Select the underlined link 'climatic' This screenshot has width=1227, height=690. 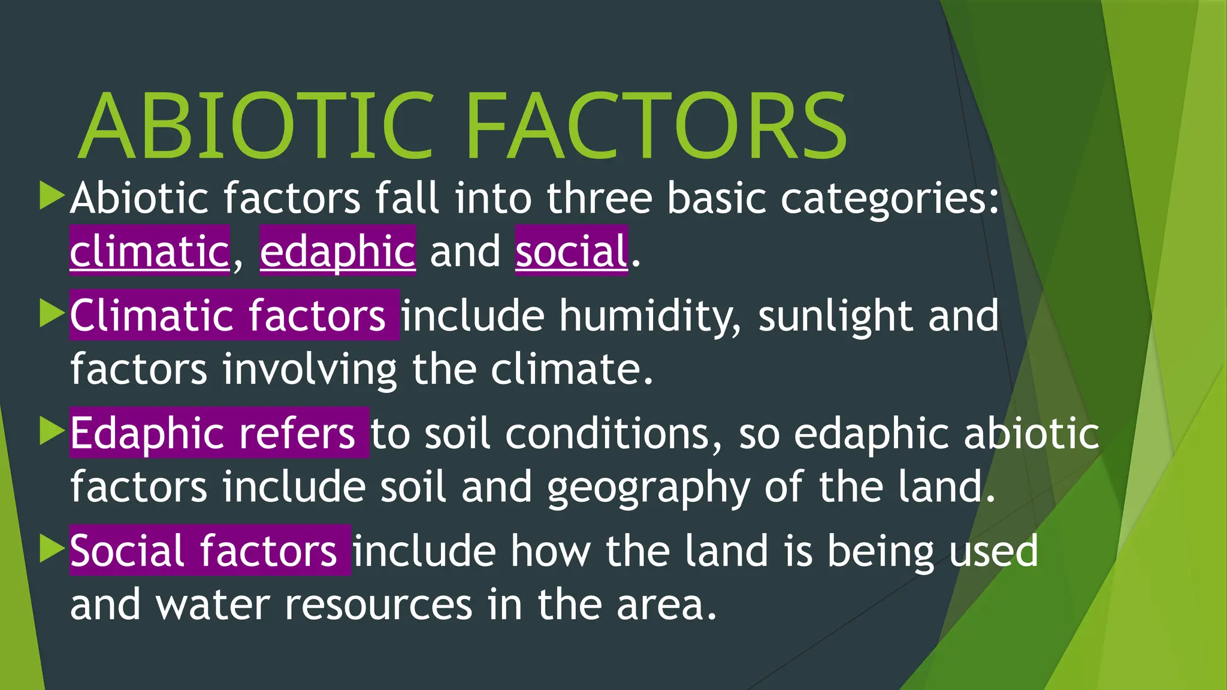click(x=149, y=251)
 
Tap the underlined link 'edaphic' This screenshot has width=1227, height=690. click(x=337, y=251)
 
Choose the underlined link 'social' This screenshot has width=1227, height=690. click(x=571, y=251)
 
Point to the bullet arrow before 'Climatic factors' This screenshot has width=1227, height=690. click(x=52, y=314)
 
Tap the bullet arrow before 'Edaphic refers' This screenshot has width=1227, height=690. click(x=52, y=431)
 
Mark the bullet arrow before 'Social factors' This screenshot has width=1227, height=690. click(x=52, y=549)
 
